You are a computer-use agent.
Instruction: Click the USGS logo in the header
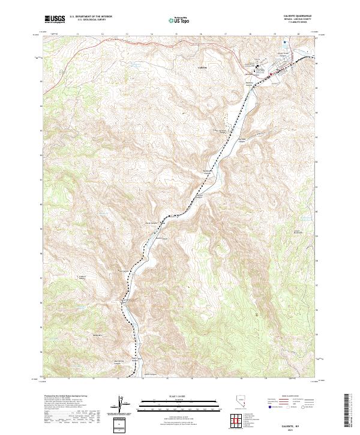(55, 19)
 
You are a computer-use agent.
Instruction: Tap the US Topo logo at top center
(179, 20)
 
